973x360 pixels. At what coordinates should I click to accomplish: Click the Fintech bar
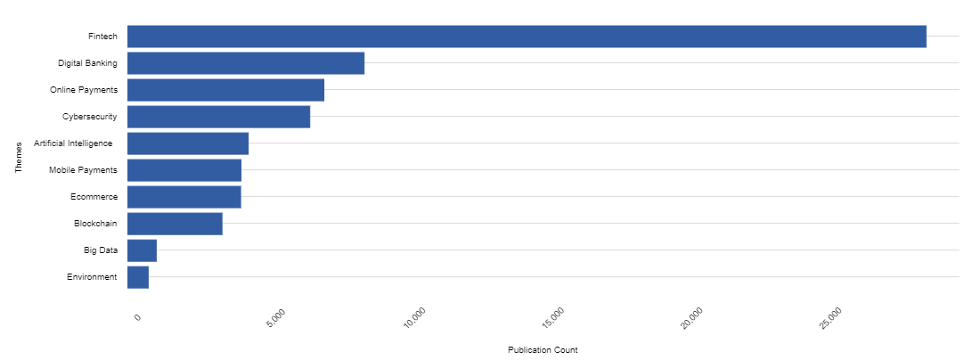[527, 37]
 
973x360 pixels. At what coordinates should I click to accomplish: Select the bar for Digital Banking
[246, 63]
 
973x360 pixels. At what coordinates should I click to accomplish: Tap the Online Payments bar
[225, 90]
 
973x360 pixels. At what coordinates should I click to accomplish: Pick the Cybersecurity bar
[218, 117]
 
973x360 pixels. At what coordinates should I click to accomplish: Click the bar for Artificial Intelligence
[188, 143]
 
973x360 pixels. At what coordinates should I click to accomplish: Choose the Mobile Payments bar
[184, 170]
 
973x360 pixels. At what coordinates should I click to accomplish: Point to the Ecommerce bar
[184, 197]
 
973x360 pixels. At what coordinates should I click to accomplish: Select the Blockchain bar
[175, 224]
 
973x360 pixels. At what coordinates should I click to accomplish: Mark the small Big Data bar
[142, 250]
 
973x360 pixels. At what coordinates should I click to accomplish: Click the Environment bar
[138, 277]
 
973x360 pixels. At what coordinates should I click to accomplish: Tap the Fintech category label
[102, 37]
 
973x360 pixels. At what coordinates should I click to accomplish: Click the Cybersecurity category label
[90, 117]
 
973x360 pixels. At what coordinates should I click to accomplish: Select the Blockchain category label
[95, 224]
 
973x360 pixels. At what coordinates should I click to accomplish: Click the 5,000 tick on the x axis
[277, 316]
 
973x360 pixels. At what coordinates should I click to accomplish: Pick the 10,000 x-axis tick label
[415, 317]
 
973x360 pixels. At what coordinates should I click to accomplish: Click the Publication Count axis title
[543, 349]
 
